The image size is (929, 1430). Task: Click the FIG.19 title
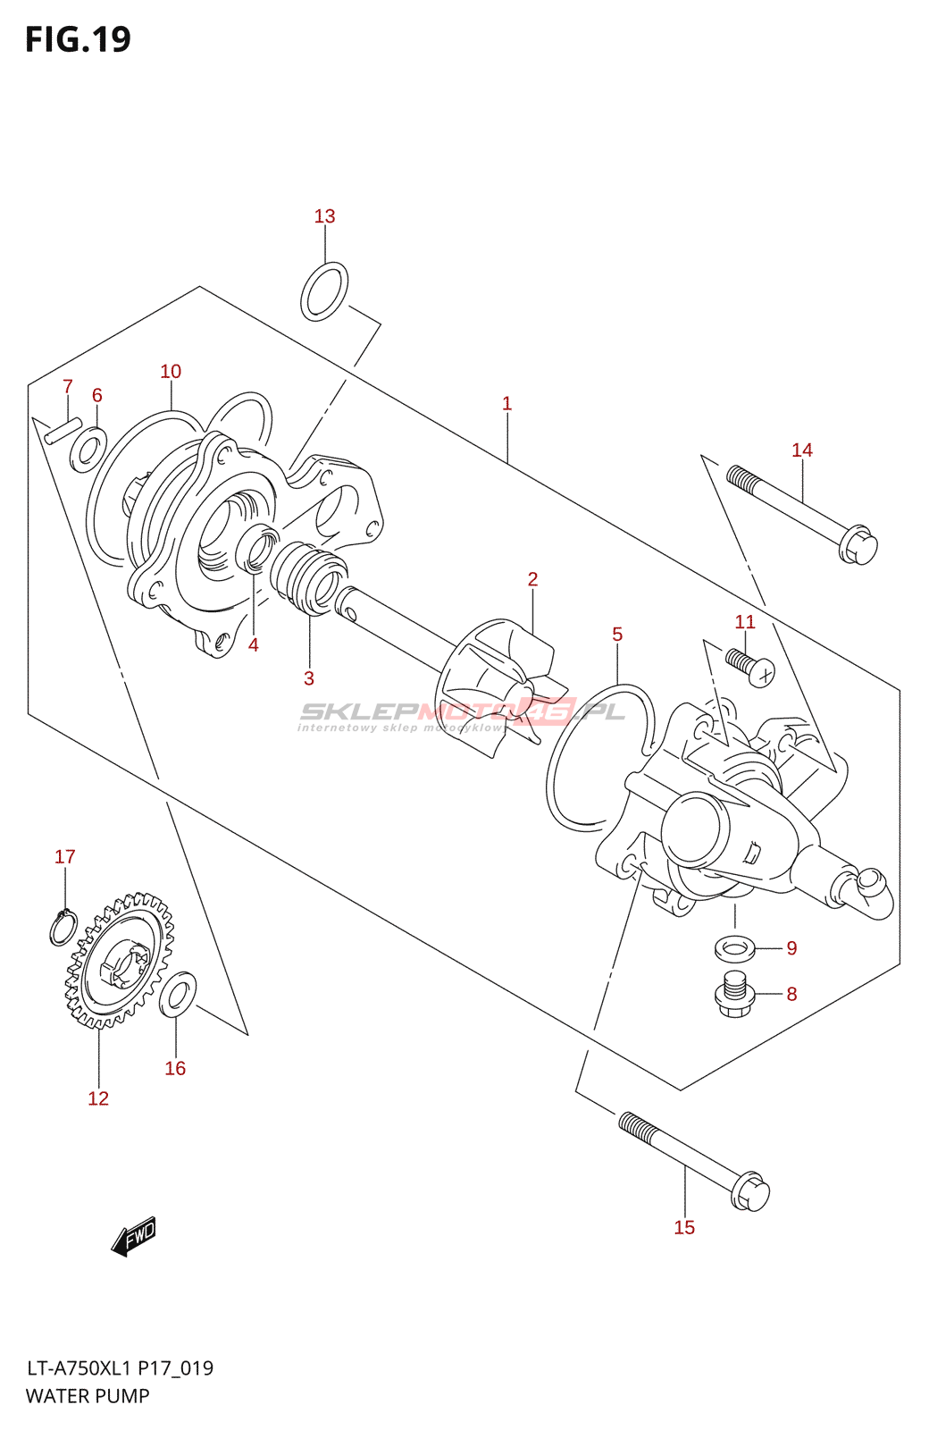[x=78, y=39]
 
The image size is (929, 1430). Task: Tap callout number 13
[x=324, y=216]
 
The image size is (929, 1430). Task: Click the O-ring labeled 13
[x=323, y=291]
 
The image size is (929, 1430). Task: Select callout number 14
[x=801, y=450]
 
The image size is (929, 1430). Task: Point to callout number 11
[x=744, y=622]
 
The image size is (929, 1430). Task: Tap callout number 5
[x=616, y=635]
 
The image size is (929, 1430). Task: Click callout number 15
[x=684, y=1227]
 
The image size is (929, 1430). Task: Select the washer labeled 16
[x=178, y=994]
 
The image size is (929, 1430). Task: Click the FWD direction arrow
[x=134, y=1236]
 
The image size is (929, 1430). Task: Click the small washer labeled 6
[x=88, y=449]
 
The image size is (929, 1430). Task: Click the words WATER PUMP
[x=88, y=1396]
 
